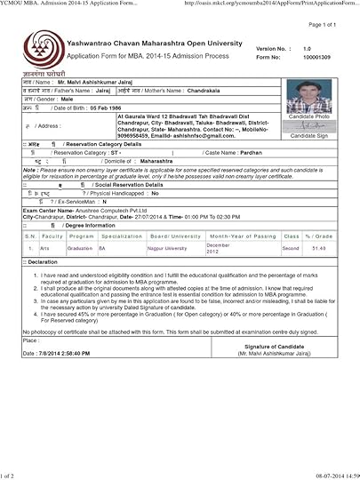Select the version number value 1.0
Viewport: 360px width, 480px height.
pos(307,48)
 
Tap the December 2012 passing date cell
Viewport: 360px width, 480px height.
pos(220,247)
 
